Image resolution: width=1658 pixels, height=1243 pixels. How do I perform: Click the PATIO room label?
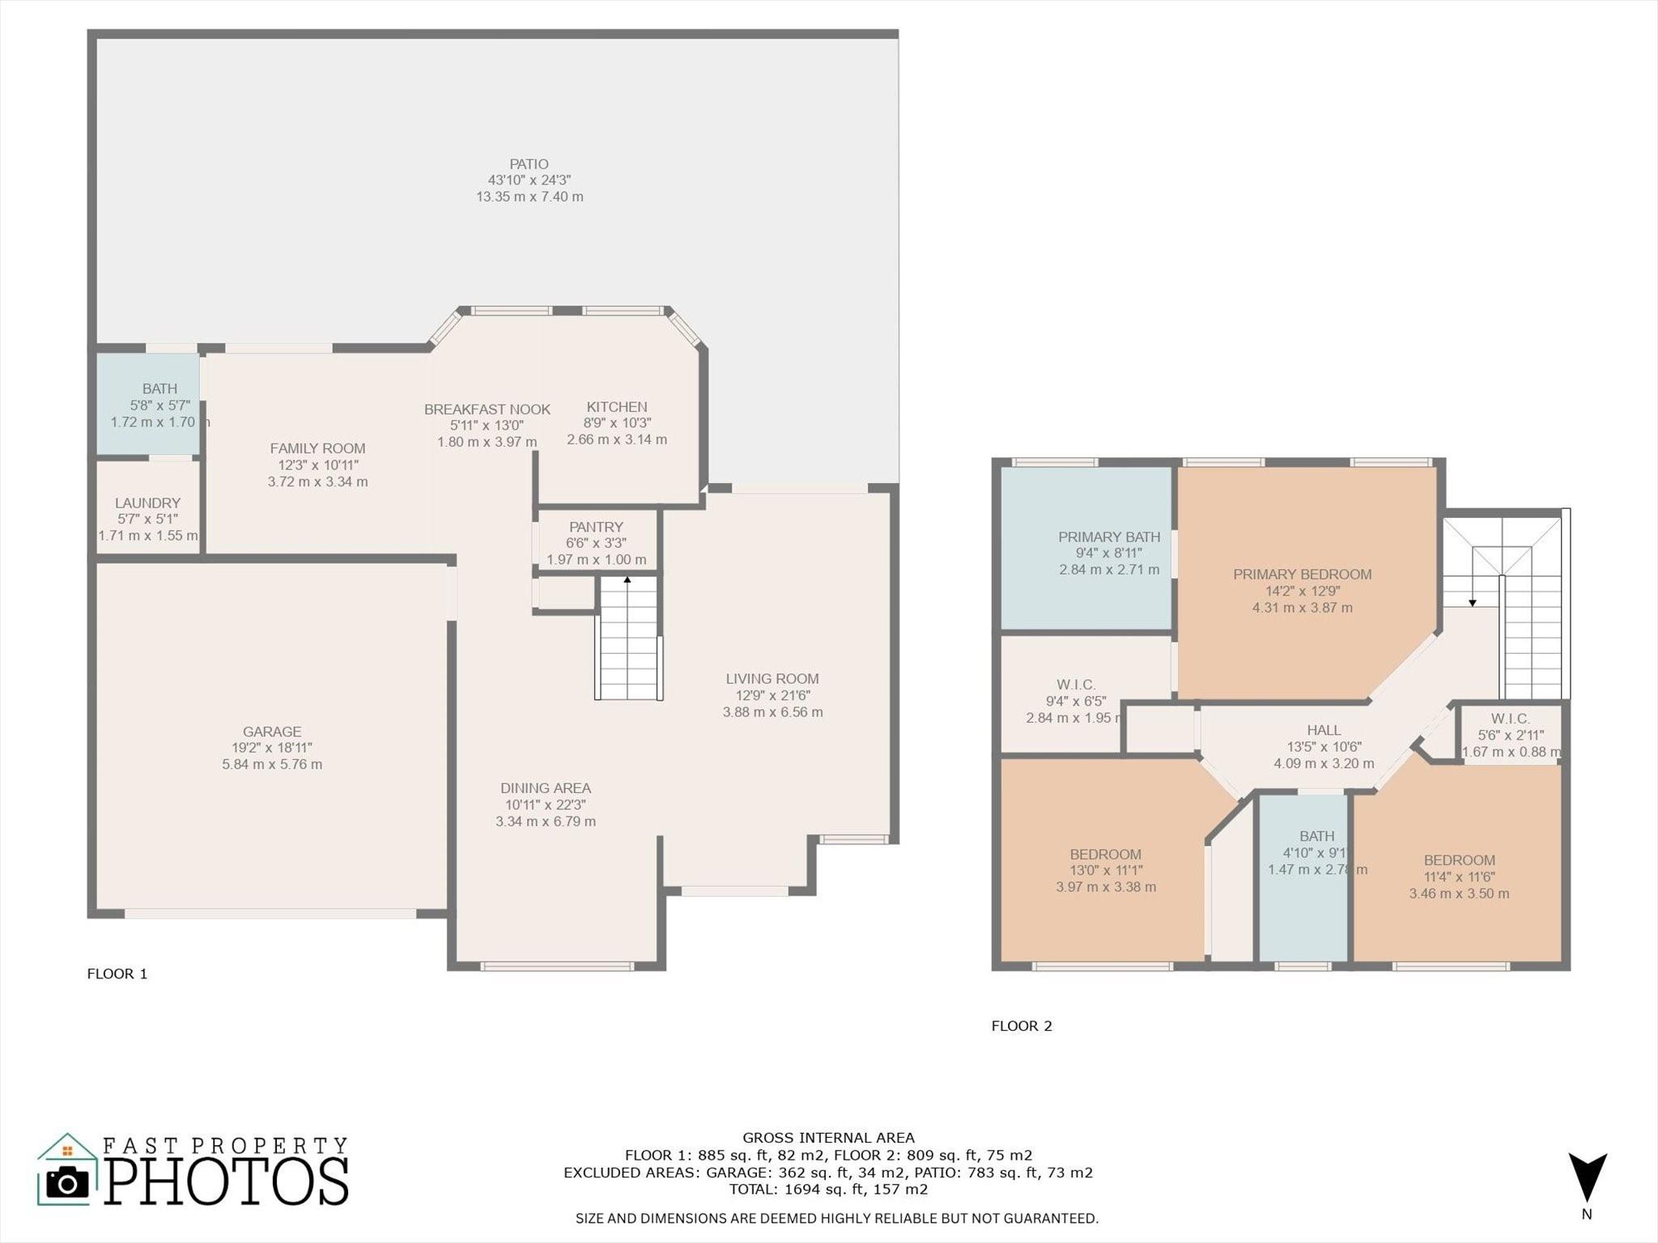pyautogui.click(x=529, y=164)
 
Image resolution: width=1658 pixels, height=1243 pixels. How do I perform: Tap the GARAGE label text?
pyautogui.click(x=272, y=732)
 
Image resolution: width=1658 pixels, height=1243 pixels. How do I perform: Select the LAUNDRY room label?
pyautogui.click(x=147, y=503)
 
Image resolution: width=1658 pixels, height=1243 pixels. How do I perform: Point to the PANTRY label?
pyautogui.click(x=596, y=527)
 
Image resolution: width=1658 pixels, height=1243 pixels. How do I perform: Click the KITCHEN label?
pyautogui.click(x=617, y=407)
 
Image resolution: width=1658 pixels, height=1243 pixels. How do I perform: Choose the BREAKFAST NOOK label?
pyautogui.click(x=487, y=409)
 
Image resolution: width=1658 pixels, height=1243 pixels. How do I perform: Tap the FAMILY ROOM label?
pyautogui.click(x=317, y=448)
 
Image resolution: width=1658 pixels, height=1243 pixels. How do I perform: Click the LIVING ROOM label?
pyautogui.click(x=772, y=679)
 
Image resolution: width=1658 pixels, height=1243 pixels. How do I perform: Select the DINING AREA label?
pyautogui.click(x=546, y=788)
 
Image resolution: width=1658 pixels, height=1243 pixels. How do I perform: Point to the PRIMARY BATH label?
pyautogui.click(x=1109, y=537)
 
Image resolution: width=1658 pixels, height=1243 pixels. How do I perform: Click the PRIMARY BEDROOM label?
pyautogui.click(x=1303, y=575)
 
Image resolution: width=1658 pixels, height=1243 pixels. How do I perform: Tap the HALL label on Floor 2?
pyautogui.click(x=1324, y=730)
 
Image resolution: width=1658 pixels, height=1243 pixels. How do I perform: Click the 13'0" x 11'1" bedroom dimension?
pyautogui.click(x=1106, y=871)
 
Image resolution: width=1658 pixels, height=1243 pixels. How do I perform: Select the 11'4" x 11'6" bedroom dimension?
pyautogui.click(x=1459, y=877)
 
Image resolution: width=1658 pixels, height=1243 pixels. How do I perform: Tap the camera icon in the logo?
pyautogui.click(x=68, y=1183)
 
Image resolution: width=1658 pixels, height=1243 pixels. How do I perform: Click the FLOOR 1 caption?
pyautogui.click(x=117, y=974)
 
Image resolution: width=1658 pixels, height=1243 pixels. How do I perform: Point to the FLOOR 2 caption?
pyautogui.click(x=1022, y=1026)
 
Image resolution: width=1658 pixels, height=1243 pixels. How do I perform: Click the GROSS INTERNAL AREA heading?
pyautogui.click(x=828, y=1138)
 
